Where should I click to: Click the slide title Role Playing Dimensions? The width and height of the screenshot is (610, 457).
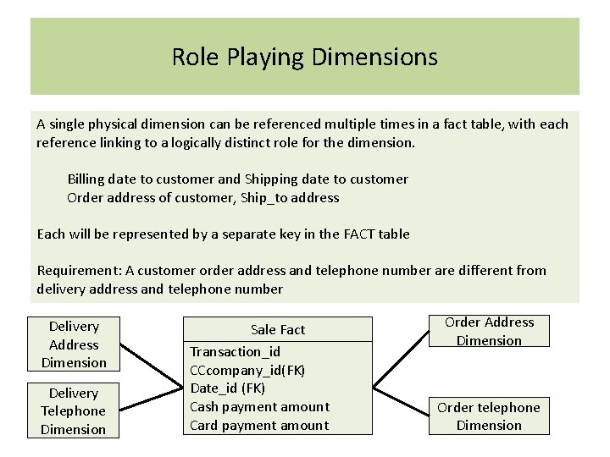coord(304,58)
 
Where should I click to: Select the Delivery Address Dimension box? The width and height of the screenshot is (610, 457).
coord(74,344)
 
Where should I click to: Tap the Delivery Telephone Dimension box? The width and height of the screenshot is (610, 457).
coord(74,411)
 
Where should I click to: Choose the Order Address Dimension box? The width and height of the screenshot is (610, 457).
coord(489,331)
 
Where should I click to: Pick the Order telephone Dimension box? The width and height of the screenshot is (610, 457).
coord(488,416)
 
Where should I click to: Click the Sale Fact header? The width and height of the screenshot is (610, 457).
coord(278,329)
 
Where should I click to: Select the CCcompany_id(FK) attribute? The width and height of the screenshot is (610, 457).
coord(247,370)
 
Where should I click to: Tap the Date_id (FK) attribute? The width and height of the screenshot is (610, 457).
coord(227,388)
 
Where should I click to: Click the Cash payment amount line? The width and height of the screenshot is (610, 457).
coord(259,406)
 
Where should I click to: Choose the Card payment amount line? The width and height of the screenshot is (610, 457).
coord(259,425)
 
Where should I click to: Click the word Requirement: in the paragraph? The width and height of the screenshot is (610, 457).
coord(80,270)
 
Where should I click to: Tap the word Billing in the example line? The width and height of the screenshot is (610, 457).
coord(88,179)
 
